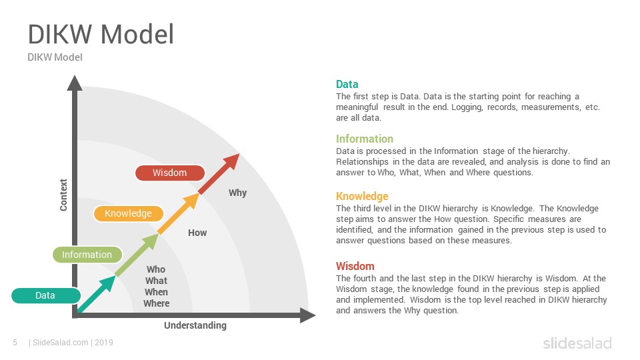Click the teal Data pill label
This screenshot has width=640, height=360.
(46, 295)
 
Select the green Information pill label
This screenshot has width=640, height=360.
(87, 255)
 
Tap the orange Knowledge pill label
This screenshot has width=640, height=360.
(128, 213)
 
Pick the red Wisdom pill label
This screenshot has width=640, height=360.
(170, 173)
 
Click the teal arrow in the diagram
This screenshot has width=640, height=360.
(96, 294)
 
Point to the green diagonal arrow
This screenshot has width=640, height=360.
(137, 255)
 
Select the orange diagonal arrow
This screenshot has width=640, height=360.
(179, 214)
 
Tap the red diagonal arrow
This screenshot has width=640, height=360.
(219, 174)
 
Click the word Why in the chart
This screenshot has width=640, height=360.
(237, 193)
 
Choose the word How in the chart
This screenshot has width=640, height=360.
(197, 233)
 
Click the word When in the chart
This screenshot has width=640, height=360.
(156, 292)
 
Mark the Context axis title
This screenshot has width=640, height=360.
(63, 195)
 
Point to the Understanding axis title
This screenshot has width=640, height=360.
(195, 325)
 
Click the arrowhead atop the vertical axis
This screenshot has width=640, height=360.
(75, 83)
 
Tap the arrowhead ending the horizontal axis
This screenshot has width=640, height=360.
(308, 315)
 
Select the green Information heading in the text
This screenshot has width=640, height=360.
(365, 139)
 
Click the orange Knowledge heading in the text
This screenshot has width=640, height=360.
(362, 196)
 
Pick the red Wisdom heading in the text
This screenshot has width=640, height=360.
(355, 266)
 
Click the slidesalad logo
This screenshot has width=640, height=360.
(577, 343)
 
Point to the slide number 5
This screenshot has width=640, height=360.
(15, 343)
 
